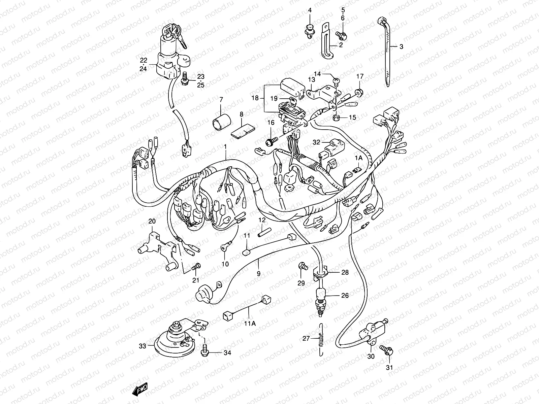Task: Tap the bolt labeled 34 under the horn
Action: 204,350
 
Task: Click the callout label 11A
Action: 250,324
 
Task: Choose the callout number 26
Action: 345,295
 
